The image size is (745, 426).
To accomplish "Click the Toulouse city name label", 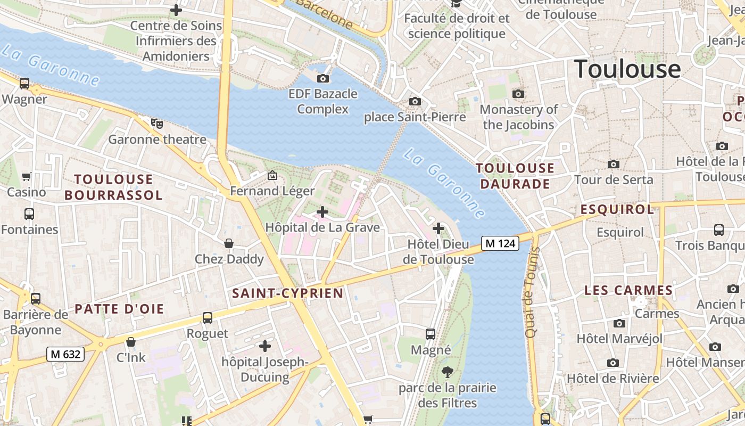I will click(x=627, y=69).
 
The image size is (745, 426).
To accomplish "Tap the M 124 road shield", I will click(x=500, y=243).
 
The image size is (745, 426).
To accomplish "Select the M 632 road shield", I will click(x=66, y=354).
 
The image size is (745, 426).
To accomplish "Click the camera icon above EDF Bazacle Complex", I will click(x=323, y=79).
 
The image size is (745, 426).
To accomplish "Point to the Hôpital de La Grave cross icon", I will click(x=322, y=212).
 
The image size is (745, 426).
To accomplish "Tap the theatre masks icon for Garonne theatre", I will click(x=156, y=124).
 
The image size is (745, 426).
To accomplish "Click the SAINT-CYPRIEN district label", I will click(x=288, y=293).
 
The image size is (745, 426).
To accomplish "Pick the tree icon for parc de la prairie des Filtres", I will click(x=447, y=372).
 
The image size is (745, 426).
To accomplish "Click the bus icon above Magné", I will click(x=431, y=334).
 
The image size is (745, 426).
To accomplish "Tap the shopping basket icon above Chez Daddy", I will click(x=229, y=243).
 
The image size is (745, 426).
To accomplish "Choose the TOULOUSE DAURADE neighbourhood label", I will click(x=515, y=176).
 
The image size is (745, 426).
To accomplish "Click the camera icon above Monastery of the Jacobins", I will click(x=518, y=94).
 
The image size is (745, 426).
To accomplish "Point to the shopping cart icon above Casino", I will click(x=26, y=176).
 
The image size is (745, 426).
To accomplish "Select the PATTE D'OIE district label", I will click(x=119, y=309).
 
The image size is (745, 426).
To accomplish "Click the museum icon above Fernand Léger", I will click(x=272, y=175).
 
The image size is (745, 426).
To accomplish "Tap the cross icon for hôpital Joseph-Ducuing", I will click(x=264, y=346).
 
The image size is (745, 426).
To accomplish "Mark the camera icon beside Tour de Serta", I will click(x=614, y=164).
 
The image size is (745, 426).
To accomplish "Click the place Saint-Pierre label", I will click(x=415, y=117).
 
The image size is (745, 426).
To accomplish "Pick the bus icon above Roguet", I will click(x=208, y=318).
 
